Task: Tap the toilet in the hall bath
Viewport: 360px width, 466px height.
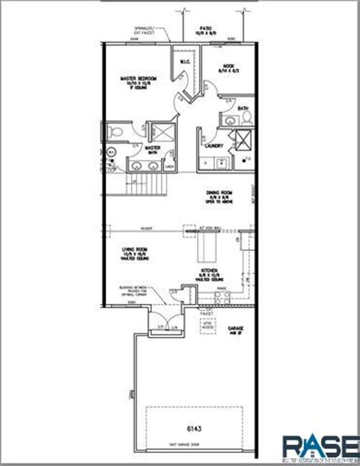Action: tap(246, 117)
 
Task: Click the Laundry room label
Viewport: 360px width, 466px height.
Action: tap(213, 146)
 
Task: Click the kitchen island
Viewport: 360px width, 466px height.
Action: tap(207, 247)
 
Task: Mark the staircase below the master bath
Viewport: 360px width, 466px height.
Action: tap(146, 186)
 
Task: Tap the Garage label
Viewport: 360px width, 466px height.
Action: tap(236, 329)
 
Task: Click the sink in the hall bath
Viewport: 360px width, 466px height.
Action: tap(228, 120)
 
